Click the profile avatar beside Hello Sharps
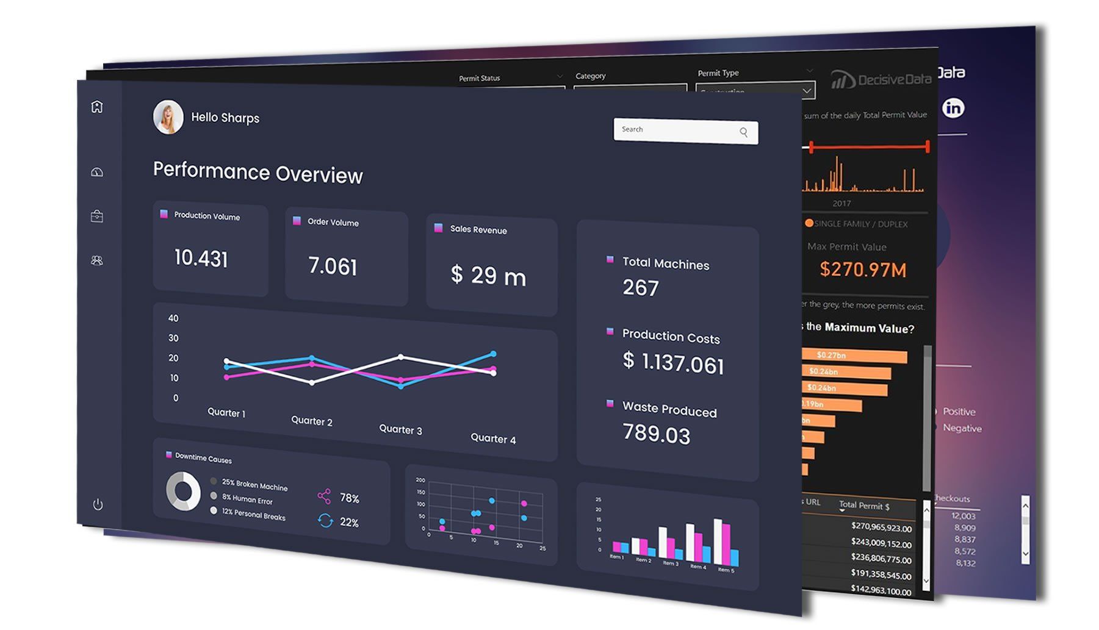click(168, 116)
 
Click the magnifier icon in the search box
click(743, 132)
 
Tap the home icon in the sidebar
click(97, 107)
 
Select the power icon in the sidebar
click(98, 504)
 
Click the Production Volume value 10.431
click(201, 258)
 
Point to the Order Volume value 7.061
click(333, 266)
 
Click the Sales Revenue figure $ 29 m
click(488, 276)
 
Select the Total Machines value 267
click(641, 287)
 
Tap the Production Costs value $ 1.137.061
click(673, 363)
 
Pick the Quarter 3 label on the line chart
click(400, 429)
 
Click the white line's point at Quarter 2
click(312, 382)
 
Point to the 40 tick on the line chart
click(173, 318)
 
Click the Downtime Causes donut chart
click(183, 492)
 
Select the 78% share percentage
click(349, 498)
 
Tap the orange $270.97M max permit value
click(863, 269)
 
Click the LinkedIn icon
click(953, 108)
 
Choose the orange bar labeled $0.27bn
click(854, 356)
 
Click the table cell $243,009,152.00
click(881, 543)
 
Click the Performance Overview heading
click(258, 173)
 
